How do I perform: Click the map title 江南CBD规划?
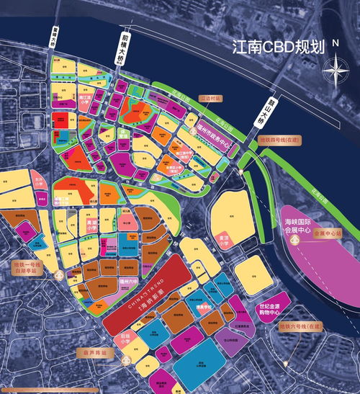278,49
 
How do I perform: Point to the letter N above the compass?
336,44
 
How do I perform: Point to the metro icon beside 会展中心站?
295,241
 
